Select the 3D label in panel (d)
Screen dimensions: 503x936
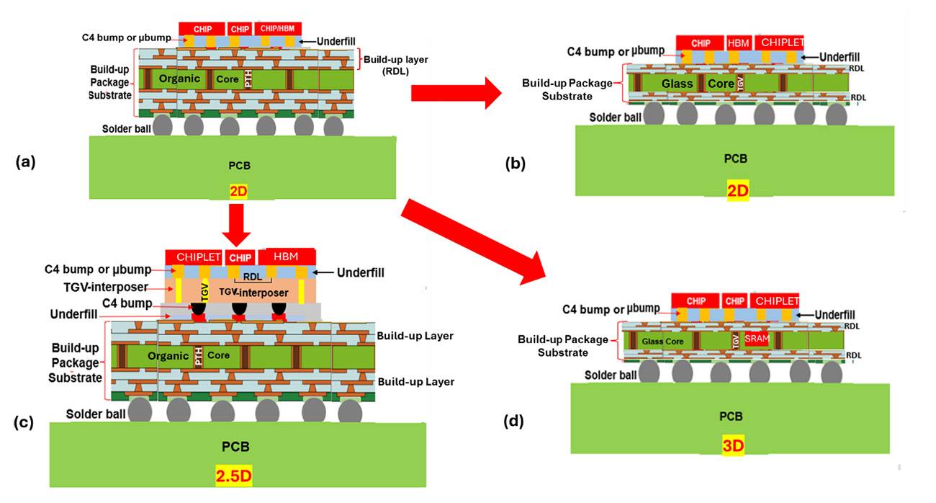click(732, 446)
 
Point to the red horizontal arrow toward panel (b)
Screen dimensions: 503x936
click(453, 92)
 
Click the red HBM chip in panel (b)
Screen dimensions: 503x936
click(739, 43)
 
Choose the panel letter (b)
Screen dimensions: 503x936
click(515, 164)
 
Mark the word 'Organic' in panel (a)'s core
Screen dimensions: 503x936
click(179, 78)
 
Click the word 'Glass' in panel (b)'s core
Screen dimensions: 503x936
click(678, 83)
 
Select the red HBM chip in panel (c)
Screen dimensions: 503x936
click(285, 256)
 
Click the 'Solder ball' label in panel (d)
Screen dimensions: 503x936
click(611, 375)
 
